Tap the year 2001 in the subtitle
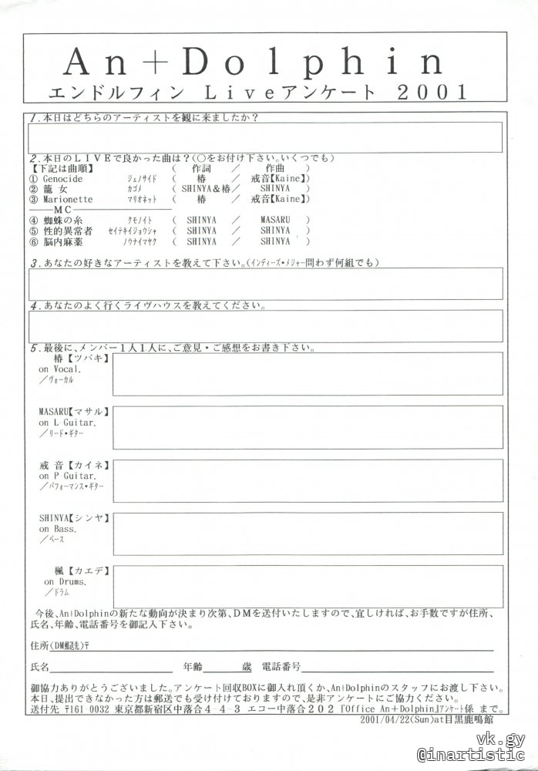[433, 93]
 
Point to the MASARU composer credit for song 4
[274, 220]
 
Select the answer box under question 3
[265, 283]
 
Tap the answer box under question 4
[265, 325]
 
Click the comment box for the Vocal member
[308, 374]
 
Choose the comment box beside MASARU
[308, 427]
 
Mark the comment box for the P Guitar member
[308, 480]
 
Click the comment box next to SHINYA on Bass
[308, 534]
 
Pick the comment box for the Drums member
[308, 587]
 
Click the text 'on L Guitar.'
[68, 423]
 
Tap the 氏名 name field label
[39, 665]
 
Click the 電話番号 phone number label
[281, 665]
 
